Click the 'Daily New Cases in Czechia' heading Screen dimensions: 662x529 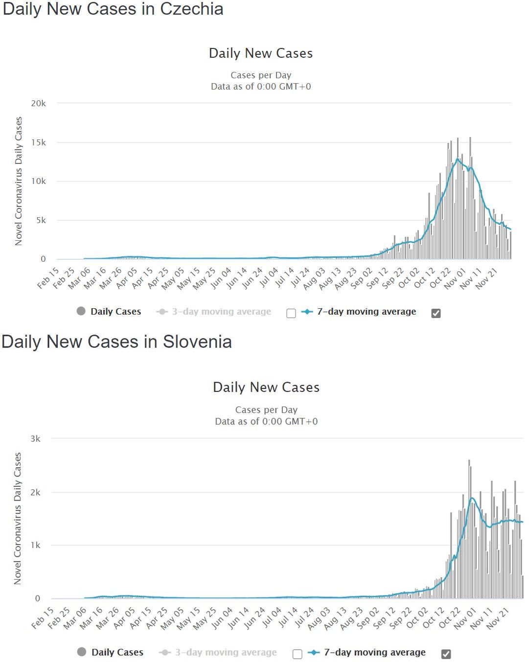click(x=113, y=9)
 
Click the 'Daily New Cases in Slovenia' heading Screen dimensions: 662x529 click(x=116, y=342)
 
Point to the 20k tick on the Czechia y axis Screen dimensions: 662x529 click(x=39, y=103)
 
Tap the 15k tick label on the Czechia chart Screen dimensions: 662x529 click(x=39, y=142)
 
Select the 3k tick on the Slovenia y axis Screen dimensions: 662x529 click(x=35, y=439)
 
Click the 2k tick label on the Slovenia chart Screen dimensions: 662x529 click(x=35, y=492)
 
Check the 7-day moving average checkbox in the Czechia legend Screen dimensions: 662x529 click(x=436, y=313)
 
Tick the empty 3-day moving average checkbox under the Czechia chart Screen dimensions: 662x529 click(x=291, y=313)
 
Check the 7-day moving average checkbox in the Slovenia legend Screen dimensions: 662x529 click(x=446, y=654)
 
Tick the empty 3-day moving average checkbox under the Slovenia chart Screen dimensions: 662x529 click(x=297, y=654)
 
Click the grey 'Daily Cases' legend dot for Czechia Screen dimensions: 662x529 click(x=81, y=311)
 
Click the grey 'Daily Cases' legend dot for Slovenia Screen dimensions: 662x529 click(x=82, y=652)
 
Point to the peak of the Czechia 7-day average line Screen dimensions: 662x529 click(x=458, y=159)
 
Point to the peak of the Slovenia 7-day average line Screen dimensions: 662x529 click(x=472, y=498)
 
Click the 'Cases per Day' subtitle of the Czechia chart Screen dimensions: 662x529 click(x=261, y=75)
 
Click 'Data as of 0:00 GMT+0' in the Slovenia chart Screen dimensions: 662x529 click(x=266, y=421)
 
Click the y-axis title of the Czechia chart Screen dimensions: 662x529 click(x=19, y=181)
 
